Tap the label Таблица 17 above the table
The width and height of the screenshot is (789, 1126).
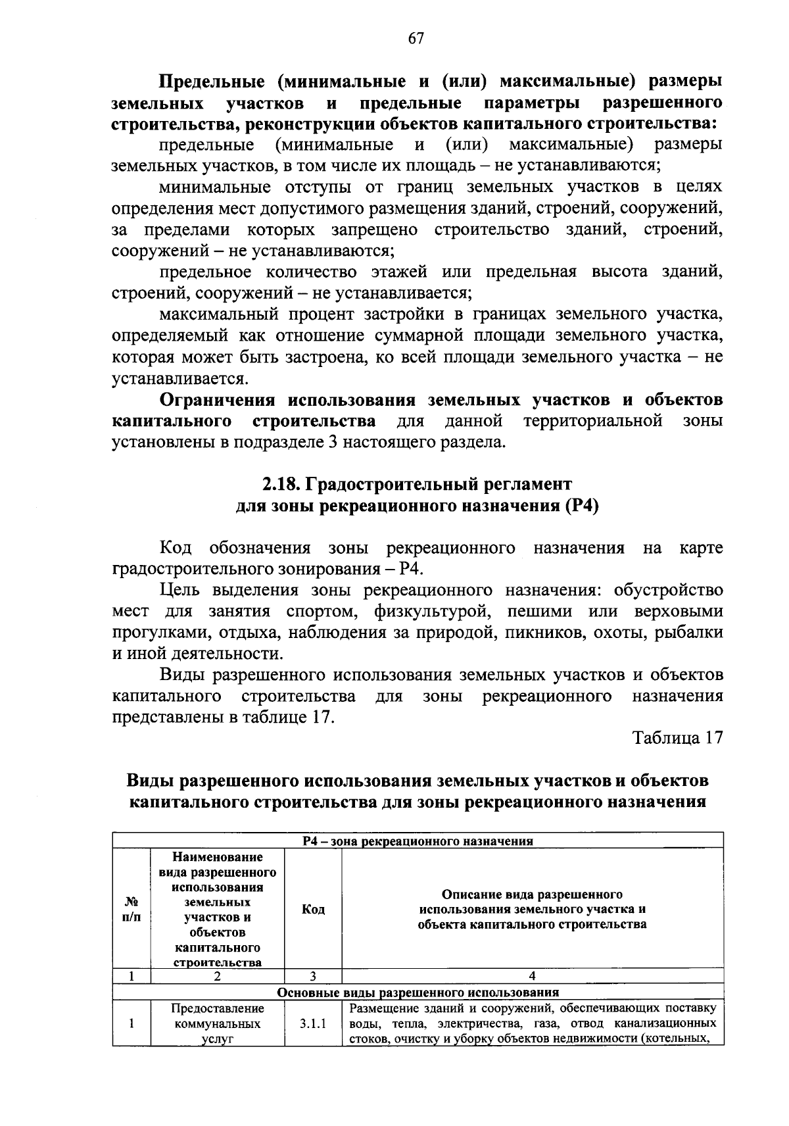click(x=677, y=737)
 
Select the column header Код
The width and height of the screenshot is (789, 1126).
click(x=313, y=909)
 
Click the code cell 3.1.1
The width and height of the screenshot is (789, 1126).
click(x=313, y=1023)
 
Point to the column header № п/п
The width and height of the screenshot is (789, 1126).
click(x=131, y=909)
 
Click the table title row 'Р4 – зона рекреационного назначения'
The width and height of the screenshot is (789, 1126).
click(x=418, y=841)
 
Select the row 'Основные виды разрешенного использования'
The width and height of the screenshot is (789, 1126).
click(x=418, y=992)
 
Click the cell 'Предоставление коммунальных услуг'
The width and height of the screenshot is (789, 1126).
click(x=218, y=1024)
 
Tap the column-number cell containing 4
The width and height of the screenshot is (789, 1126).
click(x=532, y=977)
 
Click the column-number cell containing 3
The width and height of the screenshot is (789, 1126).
click(x=313, y=977)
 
